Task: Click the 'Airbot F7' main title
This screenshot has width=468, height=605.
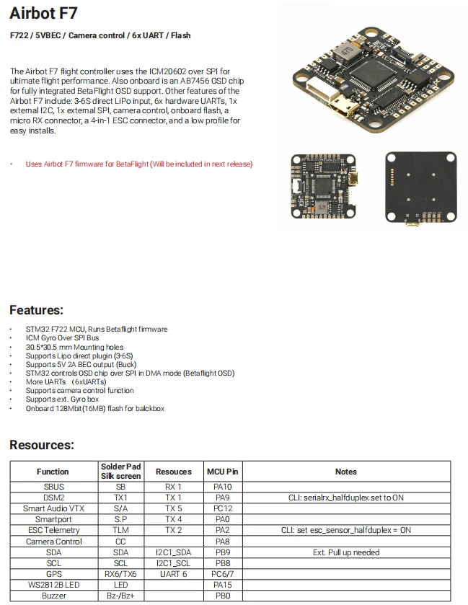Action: coord(43,13)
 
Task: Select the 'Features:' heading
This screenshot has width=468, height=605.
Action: coord(36,310)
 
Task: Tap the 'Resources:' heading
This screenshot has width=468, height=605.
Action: coord(42,445)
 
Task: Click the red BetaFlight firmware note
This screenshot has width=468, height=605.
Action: coord(139,164)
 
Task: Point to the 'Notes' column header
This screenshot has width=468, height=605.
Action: coord(346,472)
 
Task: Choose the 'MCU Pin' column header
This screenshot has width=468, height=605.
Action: coord(223,472)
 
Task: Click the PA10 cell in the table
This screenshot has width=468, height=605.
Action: coord(223,487)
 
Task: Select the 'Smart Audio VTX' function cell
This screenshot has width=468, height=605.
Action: coord(53,508)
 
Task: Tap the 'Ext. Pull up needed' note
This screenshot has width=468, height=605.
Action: coord(346,552)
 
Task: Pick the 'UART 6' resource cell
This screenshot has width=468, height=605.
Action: coord(174,574)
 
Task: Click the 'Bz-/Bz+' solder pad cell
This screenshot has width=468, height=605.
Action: coord(120,596)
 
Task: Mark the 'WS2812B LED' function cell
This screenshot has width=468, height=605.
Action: coord(53,585)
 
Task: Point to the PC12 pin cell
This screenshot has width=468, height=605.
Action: coord(223,508)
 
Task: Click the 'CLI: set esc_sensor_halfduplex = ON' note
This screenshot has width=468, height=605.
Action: coord(346,530)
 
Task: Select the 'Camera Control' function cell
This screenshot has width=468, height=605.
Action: coord(53,542)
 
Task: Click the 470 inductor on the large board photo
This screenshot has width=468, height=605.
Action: coord(346,51)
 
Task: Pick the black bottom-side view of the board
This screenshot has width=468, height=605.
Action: coord(421,188)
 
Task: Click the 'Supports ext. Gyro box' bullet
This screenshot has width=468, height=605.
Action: coord(62,399)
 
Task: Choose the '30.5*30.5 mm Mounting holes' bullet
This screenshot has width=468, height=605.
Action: coord(74,348)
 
